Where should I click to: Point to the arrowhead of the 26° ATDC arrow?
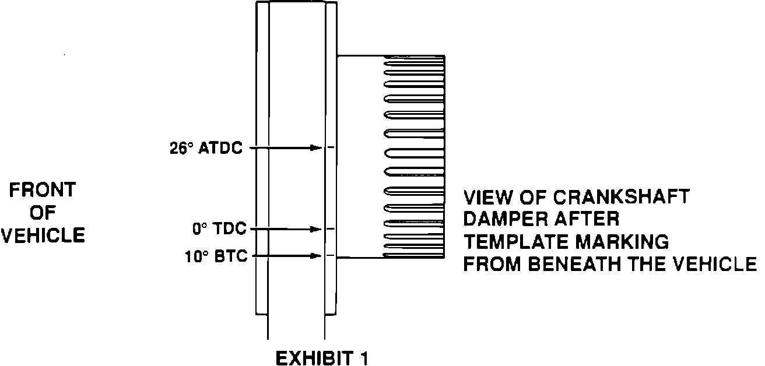[317, 148]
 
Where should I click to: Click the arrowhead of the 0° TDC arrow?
[317, 229]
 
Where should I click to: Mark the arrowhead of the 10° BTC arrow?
[317, 255]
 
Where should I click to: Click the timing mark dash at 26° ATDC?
[331, 148]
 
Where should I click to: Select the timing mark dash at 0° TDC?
[331, 229]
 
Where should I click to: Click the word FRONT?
[43, 189]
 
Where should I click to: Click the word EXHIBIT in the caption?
[311, 357]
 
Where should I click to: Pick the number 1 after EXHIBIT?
[363, 357]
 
